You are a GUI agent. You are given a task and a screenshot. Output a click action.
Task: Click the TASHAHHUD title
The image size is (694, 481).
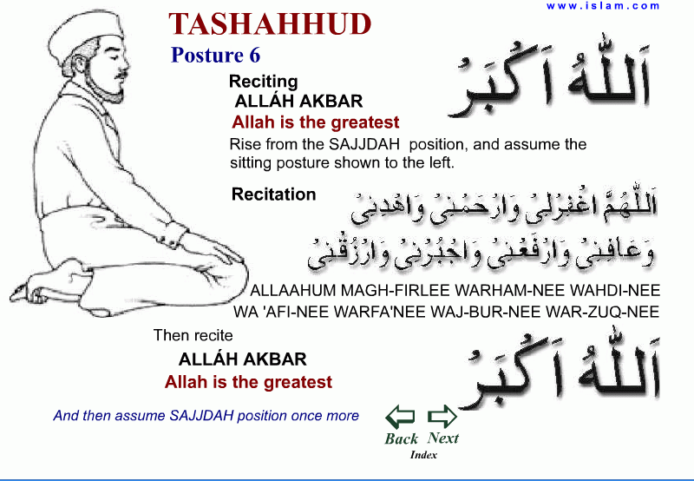point(270,24)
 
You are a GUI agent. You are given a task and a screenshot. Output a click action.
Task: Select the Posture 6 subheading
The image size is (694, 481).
point(215,56)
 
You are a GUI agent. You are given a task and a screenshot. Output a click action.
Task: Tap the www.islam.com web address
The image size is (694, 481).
point(603,6)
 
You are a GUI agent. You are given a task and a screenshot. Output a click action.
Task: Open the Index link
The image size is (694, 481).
point(423,454)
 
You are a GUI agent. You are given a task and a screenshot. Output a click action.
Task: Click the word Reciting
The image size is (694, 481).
point(263,82)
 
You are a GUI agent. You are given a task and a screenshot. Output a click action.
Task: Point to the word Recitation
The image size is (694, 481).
point(273,194)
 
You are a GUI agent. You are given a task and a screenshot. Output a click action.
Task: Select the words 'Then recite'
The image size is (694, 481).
point(193,335)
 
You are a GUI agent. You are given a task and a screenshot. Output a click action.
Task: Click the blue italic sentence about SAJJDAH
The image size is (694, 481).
point(206,416)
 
